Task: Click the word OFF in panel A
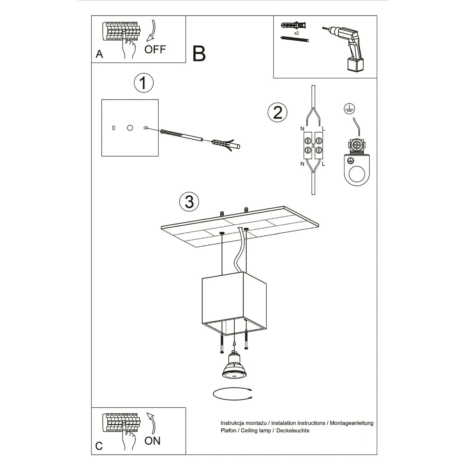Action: click(155, 49)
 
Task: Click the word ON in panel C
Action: click(152, 441)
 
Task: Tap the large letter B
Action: click(199, 54)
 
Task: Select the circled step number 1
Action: click(143, 83)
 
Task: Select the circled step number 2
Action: click(277, 113)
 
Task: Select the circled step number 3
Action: click(189, 202)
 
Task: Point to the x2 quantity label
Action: click(297, 34)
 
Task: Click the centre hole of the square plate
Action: click(130, 128)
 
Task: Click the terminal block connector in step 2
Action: click(313, 144)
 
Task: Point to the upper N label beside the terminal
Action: click(302, 128)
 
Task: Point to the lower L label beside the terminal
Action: click(324, 164)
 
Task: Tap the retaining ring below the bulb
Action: click(233, 393)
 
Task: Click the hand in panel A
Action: click(128, 49)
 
